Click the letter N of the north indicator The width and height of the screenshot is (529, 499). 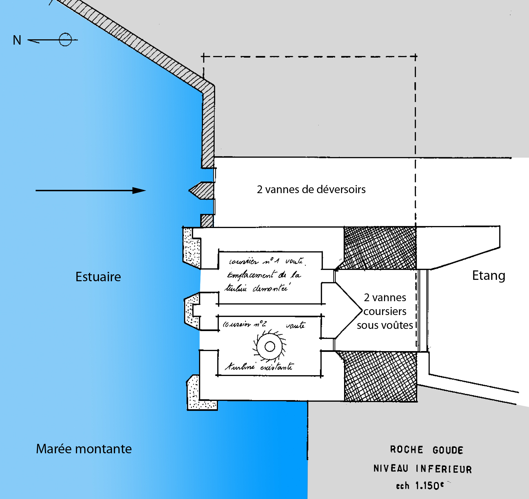(x=17, y=40)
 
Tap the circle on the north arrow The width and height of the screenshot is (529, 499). (x=65, y=40)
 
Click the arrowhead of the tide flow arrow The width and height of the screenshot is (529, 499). (x=139, y=191)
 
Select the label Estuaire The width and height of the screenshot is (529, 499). (x=98, y=277)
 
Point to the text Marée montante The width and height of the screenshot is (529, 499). (x=84, y=449)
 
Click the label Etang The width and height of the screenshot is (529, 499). (x=489, y=275)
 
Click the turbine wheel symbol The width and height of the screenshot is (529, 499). (x=269, y=346)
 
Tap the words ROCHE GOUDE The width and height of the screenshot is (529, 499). (x=426, y=450)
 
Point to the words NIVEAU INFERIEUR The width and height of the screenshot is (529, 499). (x=423, y=469)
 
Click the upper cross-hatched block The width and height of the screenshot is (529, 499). (x=380, y=248)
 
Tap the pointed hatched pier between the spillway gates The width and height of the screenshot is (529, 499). (x=202, y=190)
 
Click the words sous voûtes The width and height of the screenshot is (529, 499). (x=385, y=325)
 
